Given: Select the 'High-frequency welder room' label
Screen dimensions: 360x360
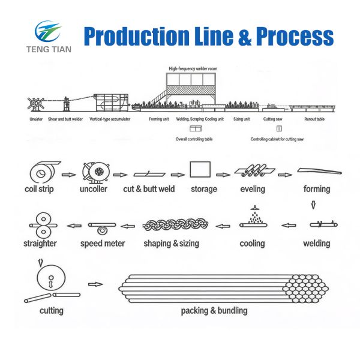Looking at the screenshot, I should pyautogui.click(x=193, y=69).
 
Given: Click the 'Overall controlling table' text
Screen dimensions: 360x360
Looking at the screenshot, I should pyautogui.click(x=196, y=139).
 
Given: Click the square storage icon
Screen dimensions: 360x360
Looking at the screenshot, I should pyautogui.click(x=200, y=170).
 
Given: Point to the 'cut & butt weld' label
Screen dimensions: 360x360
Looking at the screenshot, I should pyautogui.click(x=149, y=189).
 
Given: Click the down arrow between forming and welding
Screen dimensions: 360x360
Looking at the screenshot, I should pyautogui.click(x=312, y=206).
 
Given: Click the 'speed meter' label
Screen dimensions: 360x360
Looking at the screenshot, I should pyautogui.click(x=103, y=244).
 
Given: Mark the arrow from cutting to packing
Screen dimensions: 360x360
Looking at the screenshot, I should pyautogui.click(x=95, y=284).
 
